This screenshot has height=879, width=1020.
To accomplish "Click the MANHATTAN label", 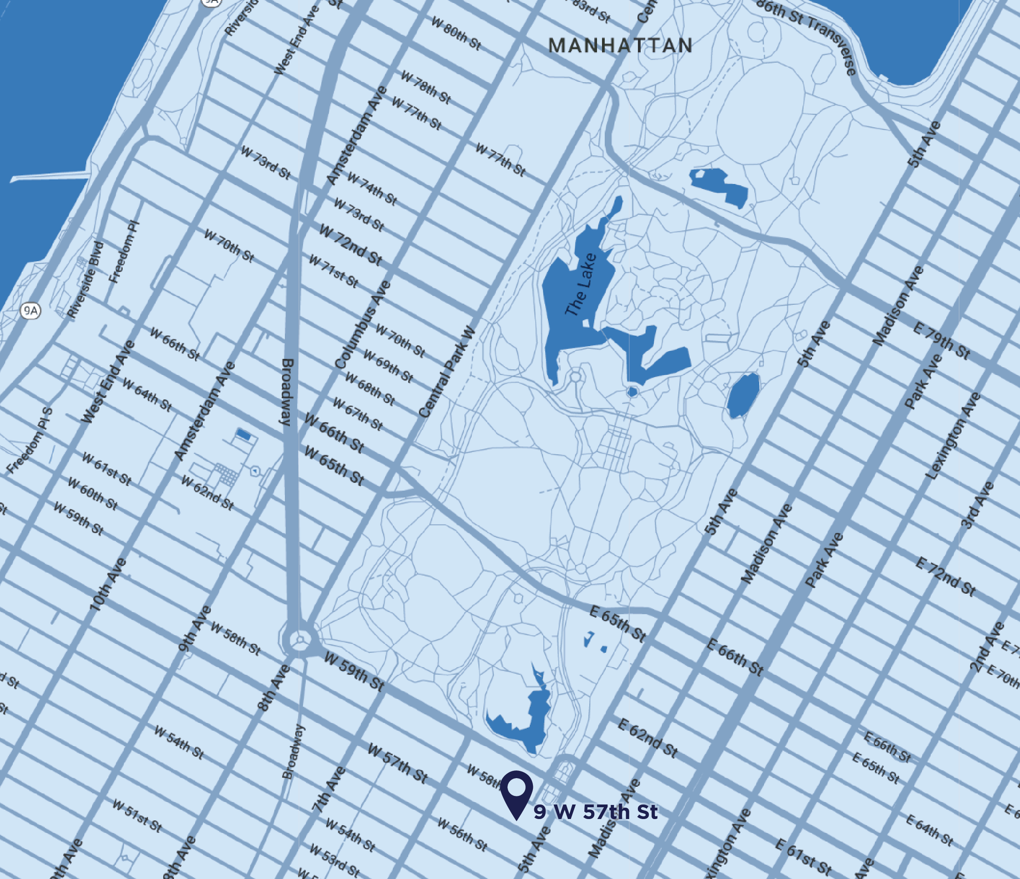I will click(620, 46).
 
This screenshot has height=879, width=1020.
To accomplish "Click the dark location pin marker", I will click(517, 790).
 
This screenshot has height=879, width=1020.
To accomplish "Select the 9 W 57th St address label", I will click(596, 812).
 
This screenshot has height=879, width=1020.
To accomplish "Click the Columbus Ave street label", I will click(363, 325).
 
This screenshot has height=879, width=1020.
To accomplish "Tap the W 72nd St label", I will click(350, 244).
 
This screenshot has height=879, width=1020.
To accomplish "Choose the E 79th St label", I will click(942, 341).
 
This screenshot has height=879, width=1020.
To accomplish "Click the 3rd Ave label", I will click(978, 506).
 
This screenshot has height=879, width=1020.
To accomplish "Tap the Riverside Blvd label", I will click(86, 279).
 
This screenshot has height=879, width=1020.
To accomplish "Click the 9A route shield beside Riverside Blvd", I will click(30, 311).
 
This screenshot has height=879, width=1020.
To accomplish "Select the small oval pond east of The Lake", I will click(743, 395).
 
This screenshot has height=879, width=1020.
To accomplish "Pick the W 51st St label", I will click(137, 815).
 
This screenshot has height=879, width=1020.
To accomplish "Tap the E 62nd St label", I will click(648, 738).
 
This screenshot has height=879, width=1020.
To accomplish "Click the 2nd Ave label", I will click(986, 647).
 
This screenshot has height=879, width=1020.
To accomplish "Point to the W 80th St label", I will click(456, 33).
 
